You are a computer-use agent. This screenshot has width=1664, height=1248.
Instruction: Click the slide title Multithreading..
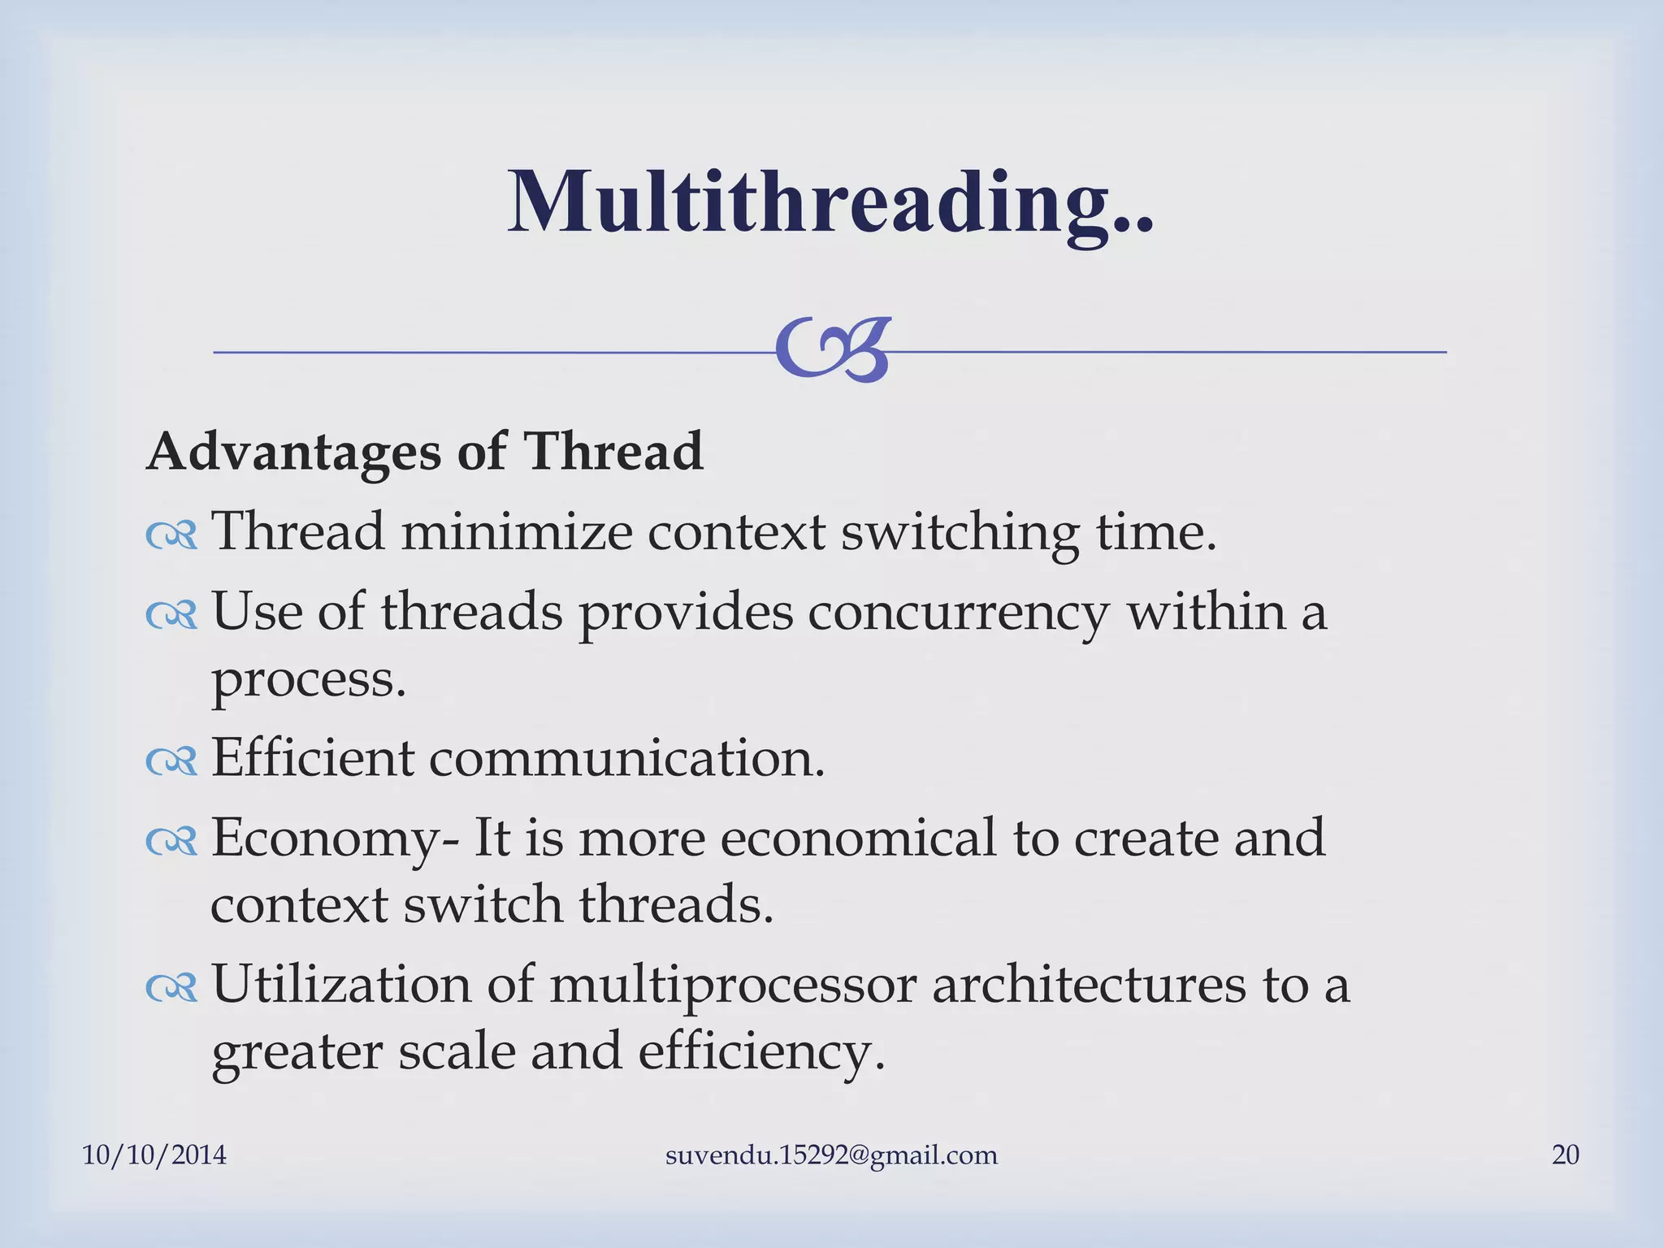coord(830,203)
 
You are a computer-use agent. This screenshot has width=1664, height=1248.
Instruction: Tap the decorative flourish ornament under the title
coord(833,350)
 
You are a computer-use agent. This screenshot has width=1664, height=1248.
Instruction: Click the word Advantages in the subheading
coord(293,452)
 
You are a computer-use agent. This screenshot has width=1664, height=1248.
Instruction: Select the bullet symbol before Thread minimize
coord(171,535)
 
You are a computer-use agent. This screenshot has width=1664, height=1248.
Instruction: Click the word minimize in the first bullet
coord(516,532)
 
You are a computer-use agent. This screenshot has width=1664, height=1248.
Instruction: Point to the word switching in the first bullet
coord(960,532)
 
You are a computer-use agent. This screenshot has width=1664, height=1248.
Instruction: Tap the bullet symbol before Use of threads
coord(171,615)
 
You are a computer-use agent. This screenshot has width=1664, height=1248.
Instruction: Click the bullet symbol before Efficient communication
coord(171,761)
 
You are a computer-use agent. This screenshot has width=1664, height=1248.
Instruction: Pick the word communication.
coord(626,758)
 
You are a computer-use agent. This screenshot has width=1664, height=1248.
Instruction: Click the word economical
coord(858,838)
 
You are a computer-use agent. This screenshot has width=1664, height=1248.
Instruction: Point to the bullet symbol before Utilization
coord(171,988)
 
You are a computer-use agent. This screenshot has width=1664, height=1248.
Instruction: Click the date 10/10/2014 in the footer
coord(154,1155)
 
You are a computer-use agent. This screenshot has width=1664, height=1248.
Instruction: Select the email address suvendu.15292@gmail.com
coord(831,1155)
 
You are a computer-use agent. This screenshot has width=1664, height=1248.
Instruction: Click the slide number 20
coord(1565,1155)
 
